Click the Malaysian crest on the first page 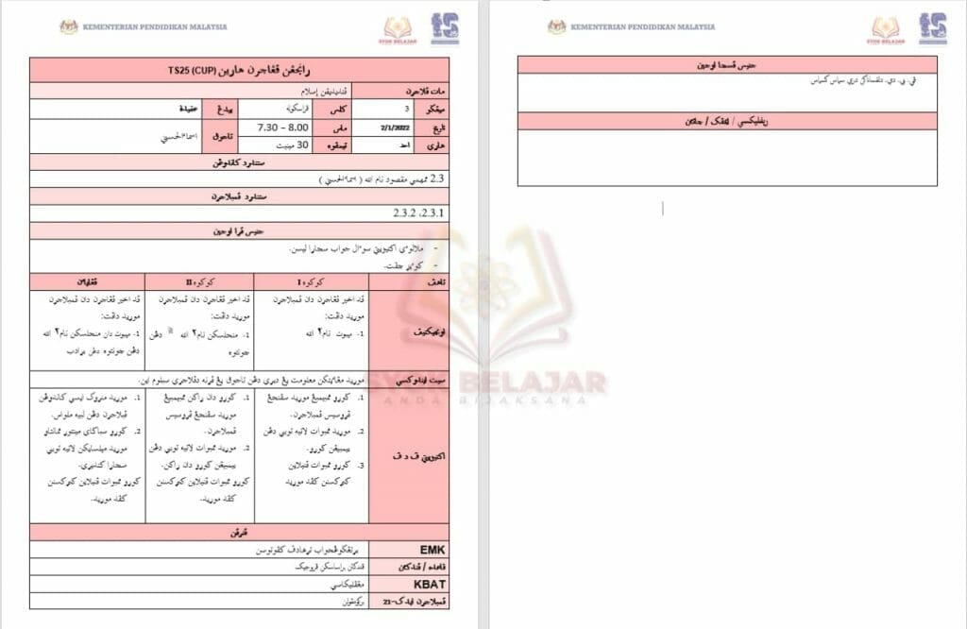[68, 27]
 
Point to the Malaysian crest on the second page [556, 27]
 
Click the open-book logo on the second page [886, 27]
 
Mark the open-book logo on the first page [399, 28]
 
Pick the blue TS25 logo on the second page [933, 27]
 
